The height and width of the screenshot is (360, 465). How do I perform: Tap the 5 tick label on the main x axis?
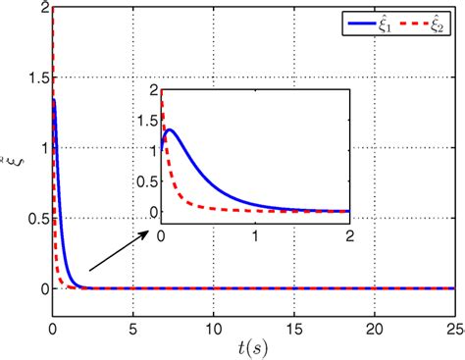pyautogui.click(x=132, y=326)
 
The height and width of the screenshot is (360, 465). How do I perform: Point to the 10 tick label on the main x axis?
pyautogui.click(x=212, y=326)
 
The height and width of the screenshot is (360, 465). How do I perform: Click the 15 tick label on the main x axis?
pyautogui.click(x=292, y=326)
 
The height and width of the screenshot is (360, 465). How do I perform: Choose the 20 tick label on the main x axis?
pyautogui.click(x=373, y=326)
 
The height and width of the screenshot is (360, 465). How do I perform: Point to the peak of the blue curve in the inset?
pyautogui.click(x=171, y=129)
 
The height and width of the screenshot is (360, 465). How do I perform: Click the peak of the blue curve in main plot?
pyautogui.click(x=54, y=99)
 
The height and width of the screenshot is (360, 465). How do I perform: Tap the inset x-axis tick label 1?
pyautogui.click(x=255, y=235)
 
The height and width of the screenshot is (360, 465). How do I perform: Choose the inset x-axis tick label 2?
pyautogui.click(x=348, y=235)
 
